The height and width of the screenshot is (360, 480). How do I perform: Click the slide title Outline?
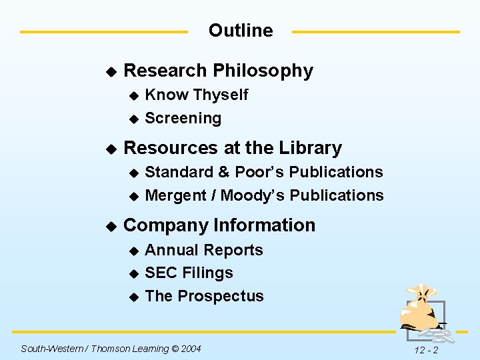[x=241, y=31]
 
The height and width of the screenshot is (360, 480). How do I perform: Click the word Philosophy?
[x=263, y=71]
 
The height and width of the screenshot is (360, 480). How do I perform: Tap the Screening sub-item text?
[x=183, y=118]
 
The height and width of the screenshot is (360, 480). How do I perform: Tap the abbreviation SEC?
[x=159, y=273]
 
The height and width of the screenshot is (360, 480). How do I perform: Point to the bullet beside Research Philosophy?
[x=111, y=71]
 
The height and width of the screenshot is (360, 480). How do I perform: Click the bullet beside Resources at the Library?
[x=111, y=149]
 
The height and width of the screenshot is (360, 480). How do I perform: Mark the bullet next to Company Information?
[x=111, y=226]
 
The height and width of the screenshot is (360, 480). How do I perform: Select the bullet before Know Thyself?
[x=133, y=96]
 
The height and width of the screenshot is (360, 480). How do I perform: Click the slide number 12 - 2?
[x=425, y=350]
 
